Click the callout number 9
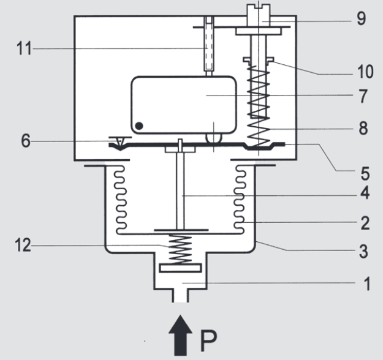(362, 19)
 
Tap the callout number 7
(362, 96)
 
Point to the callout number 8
(362, 129)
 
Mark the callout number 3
(362, 250)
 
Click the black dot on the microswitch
(139, 126)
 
